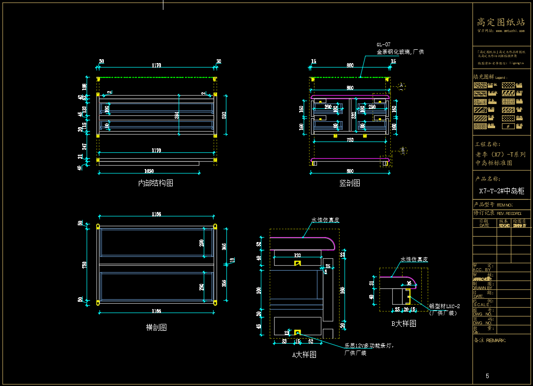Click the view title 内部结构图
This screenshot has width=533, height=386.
tap(156, 183)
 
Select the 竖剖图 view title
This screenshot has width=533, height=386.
tap(349, 183)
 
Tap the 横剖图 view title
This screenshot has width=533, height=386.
tap(156, 327)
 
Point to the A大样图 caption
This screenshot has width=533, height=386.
tap(304, 354)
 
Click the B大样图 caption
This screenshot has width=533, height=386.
tap(404, 324)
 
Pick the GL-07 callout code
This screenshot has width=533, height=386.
tap(383, 44)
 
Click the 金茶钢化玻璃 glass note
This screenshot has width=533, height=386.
tap(400, 52)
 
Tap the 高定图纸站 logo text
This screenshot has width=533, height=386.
tap(501, 22)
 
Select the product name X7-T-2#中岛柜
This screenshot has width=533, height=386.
tap(501, 191)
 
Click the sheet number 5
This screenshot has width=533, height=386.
tap(487, 377)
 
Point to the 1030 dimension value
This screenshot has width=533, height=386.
tap(149, 171)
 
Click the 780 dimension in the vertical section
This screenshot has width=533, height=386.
tap(349, 140)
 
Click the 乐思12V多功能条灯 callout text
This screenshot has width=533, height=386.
tap(369, 346)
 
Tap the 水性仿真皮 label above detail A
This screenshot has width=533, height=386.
tap(325, 220)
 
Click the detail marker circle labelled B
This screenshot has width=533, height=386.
tap(402, 149)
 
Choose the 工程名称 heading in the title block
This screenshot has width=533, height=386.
tap(488, 144)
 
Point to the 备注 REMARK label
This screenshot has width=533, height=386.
tap(489, 340)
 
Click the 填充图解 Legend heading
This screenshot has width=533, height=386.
tap(489, 77)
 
